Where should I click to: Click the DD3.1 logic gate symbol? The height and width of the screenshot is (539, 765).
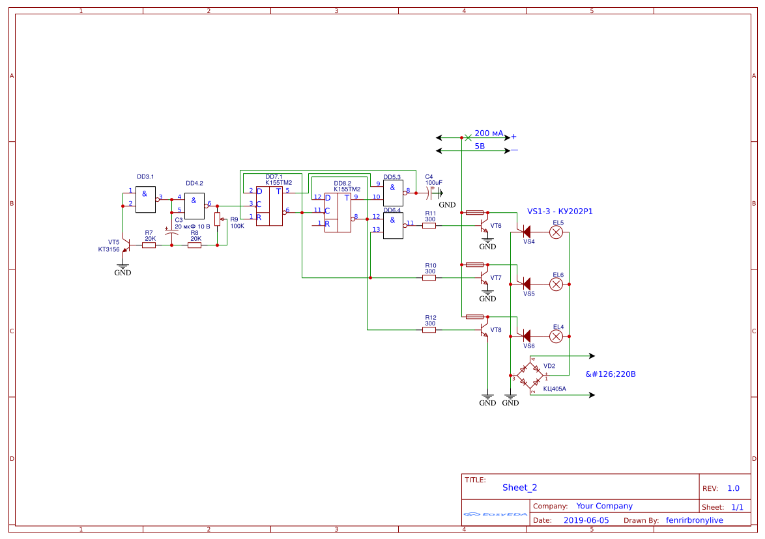pyautogui.click(x=146, y=199)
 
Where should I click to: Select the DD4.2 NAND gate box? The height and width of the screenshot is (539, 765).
pyautogui.click(x=195, y=206)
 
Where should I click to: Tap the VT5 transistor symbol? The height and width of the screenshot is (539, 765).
pyautogui.click(x=126, y=245)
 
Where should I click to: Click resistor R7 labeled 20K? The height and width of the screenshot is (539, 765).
pyautogui.click(x=149, y=245)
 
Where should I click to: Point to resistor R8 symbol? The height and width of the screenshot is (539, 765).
pyautogui.click(x=194, y=245)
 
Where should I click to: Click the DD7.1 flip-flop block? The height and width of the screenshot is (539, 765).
pyautogui.click(x=269, y=206)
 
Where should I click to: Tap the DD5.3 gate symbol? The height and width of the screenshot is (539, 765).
pyautogui.click(x=393, y=193)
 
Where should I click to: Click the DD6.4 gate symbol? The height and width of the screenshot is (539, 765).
pyautogui.click(x=393, y=225)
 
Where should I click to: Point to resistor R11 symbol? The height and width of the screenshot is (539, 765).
pyautogui.click(x=429, y=225)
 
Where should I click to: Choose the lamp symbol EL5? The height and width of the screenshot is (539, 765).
pyautogui.click(x=556, y=232)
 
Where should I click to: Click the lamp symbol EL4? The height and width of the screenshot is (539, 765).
pyautogui.click(x=556, y=336)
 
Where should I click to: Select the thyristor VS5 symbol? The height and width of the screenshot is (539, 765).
pyautogui.click(x=525, y=284)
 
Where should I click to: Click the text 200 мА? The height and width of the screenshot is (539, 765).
pyautogui.click(x=489, y=133)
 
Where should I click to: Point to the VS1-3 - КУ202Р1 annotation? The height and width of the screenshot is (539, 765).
pyautogui.click(x=560, y=212)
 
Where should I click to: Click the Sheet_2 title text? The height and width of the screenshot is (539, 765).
pyautogui.click(x=519, y=488)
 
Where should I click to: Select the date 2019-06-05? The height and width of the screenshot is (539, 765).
pyautogui.click(x=586, y=520)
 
